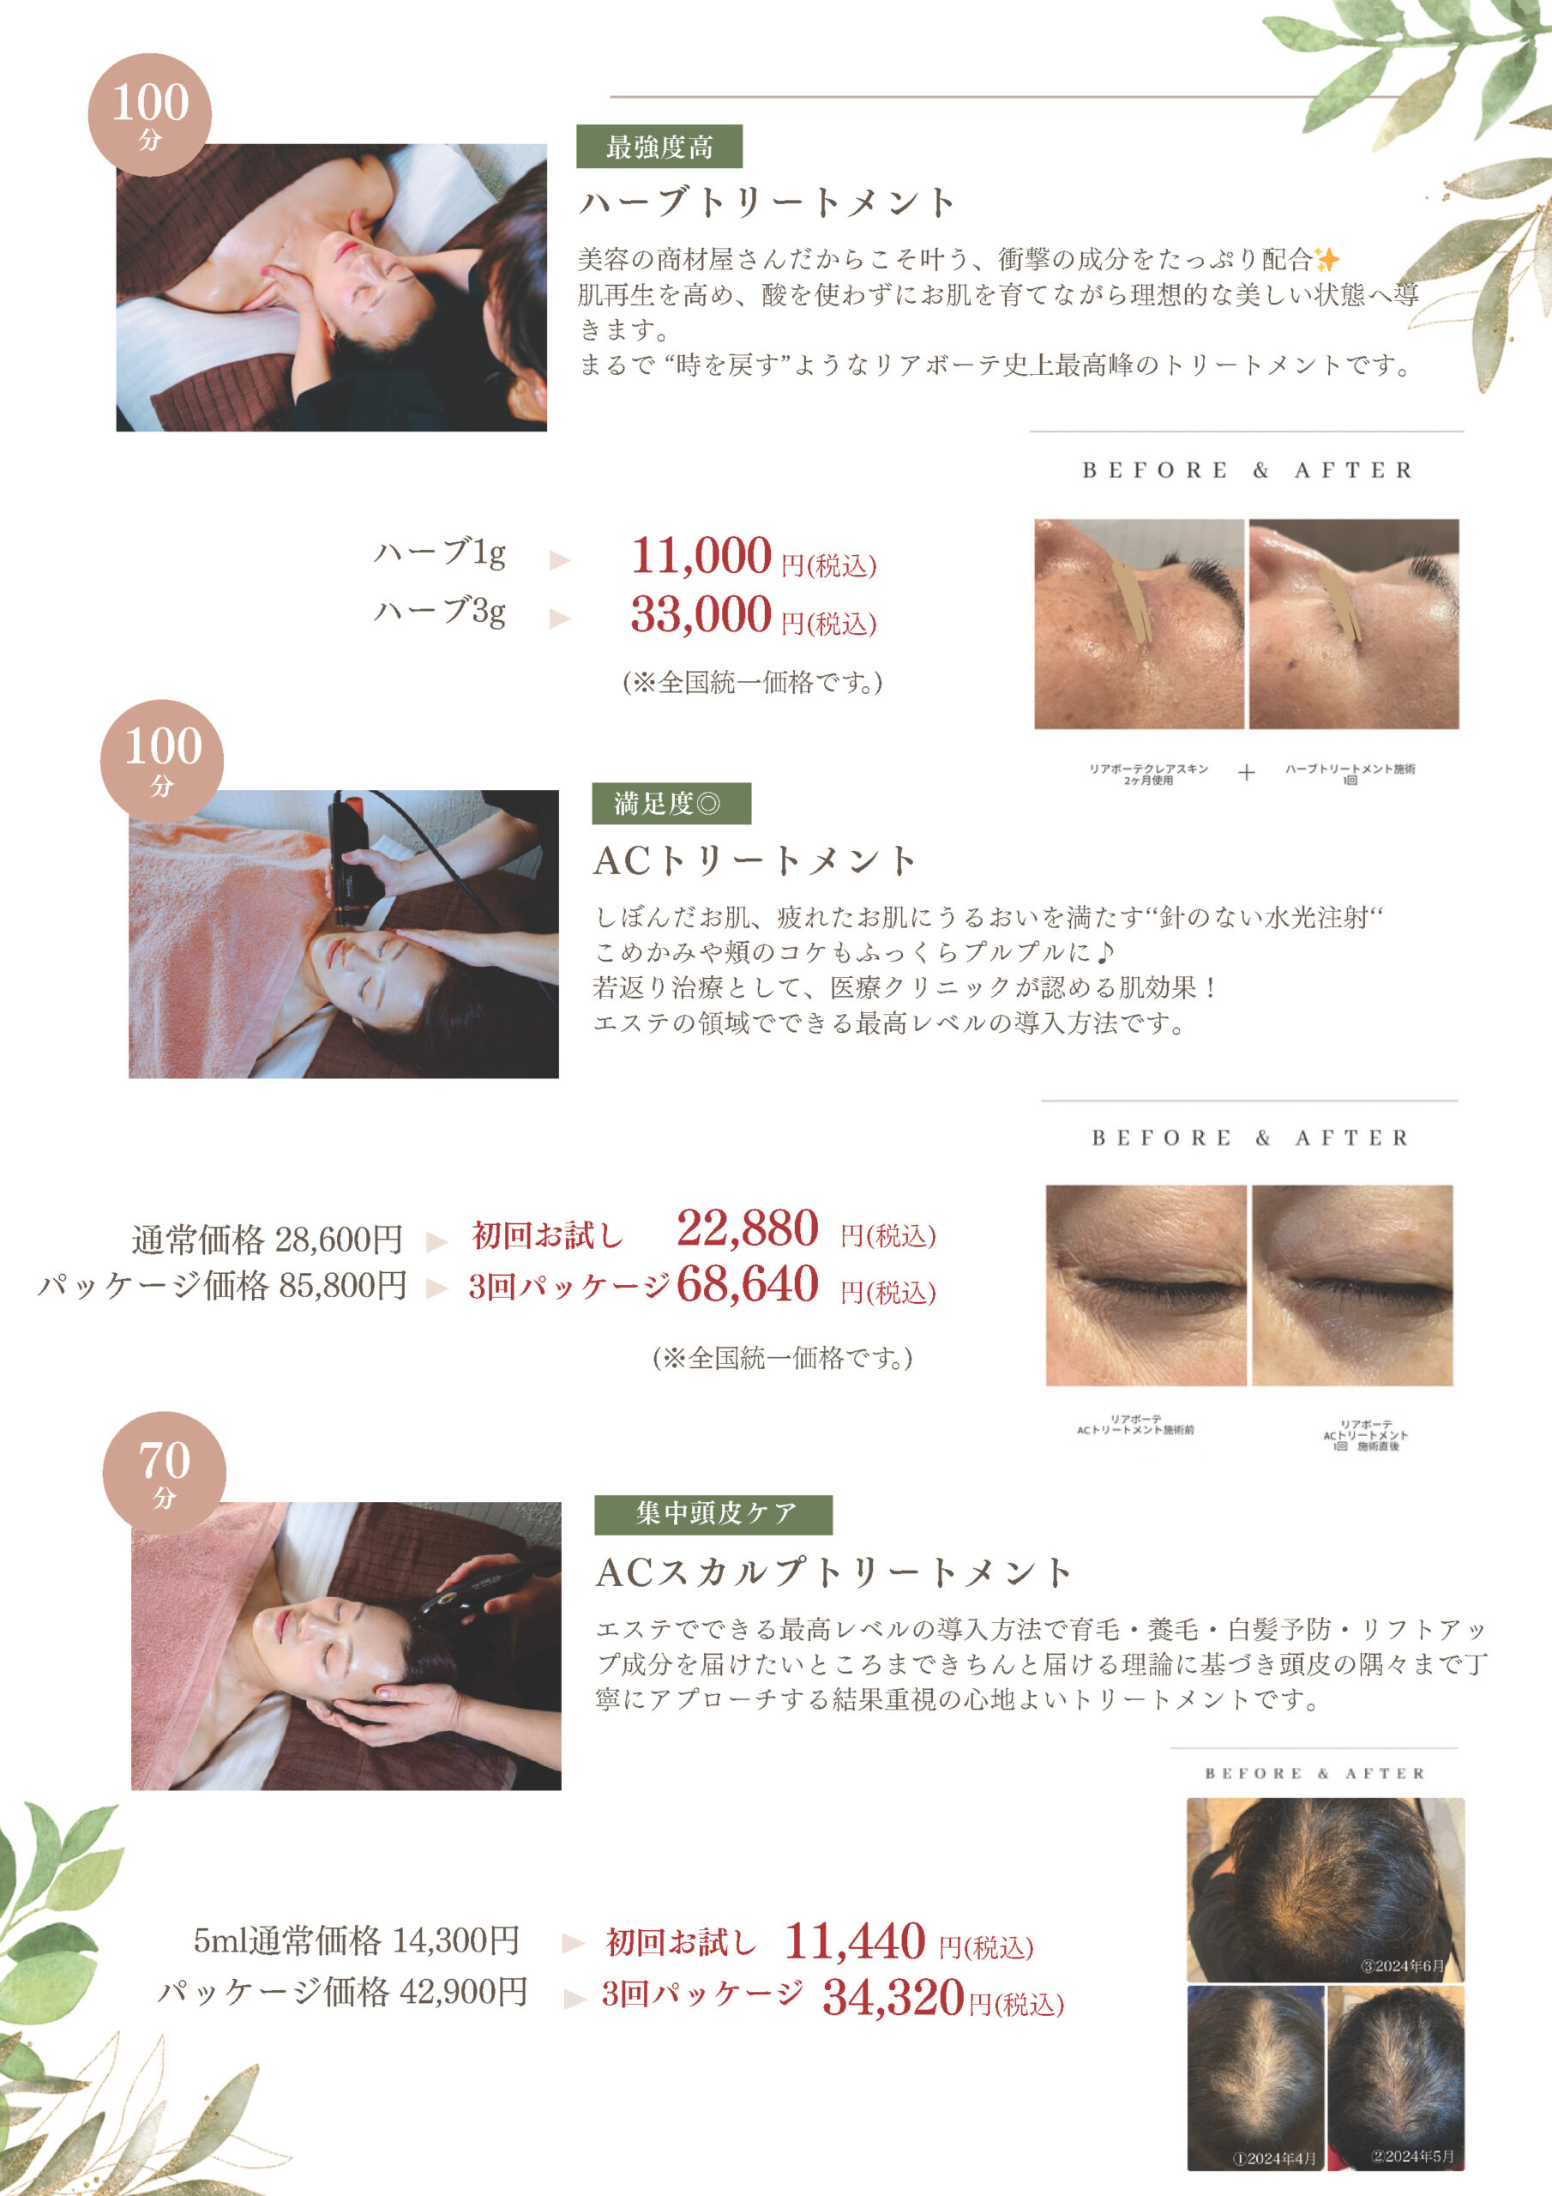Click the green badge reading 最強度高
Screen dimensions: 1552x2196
[x=659, y=147]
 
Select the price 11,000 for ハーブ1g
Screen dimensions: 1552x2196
[x=701, y=556]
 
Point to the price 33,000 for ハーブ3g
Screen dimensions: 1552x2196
[x=701, y=614]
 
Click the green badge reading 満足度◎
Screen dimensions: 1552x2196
[x=671, y=804]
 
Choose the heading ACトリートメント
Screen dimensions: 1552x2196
[x=755, y=860]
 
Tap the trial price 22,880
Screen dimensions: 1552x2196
[x=748, y=1228]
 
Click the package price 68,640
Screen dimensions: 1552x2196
[x=748, y=1284]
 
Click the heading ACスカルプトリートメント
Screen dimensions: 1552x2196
[x=833, y=1572]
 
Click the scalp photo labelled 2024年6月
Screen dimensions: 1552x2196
[x=1326, y=1890]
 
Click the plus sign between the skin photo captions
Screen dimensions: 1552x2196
[x=1246, y=773]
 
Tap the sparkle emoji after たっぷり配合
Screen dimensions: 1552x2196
[x=1326, y=259]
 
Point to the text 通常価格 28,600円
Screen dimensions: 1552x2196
[x=267, y=1240]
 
